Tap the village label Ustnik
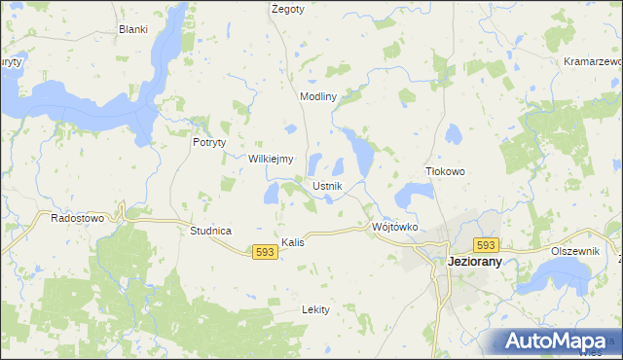pyautogui.click(x=326, y=185)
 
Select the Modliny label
pyautogui.click(x=318, y=97)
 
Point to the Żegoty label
pyautogui.click(x=288, y=9)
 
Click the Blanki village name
pyautogui.click(x=132, y=29)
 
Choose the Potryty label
pyautogui.click(x=209, y=141)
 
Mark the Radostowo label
pyautogui.click(x=77, y=218)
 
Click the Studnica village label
pyautogui.click(x=210, y=231)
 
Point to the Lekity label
pyautogui.click(x=316, y=309)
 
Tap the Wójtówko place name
pyautogui.click(x=394, y=227)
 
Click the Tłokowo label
pyautogui.click(x=446, y=171)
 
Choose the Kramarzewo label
pyautogui.click(x=593, y=61)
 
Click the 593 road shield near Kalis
pyautogui.click(x=265, y=251)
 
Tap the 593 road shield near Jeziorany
pyautogui.click(x=487, y=246)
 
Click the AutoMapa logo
pyautogui.click(x=556, y=342)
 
